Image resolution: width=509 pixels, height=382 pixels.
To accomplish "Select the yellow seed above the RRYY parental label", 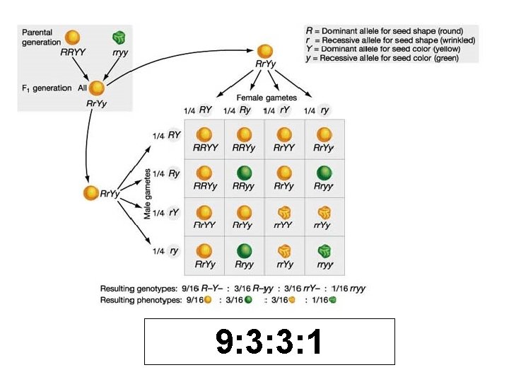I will tap(73, 38).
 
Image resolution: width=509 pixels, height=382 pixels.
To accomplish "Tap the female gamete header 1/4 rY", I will tap(277, 110).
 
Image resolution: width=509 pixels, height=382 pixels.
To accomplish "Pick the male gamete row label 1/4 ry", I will tap(165, 250).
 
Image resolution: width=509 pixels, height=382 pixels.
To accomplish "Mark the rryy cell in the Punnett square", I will tap(324, 255).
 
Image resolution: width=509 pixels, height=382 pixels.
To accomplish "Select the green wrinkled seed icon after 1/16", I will tap(333, 300).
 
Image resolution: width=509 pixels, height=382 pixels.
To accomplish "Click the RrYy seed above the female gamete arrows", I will tap(264, 52).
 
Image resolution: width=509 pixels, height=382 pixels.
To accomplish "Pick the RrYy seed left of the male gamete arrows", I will tap(90, 193).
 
